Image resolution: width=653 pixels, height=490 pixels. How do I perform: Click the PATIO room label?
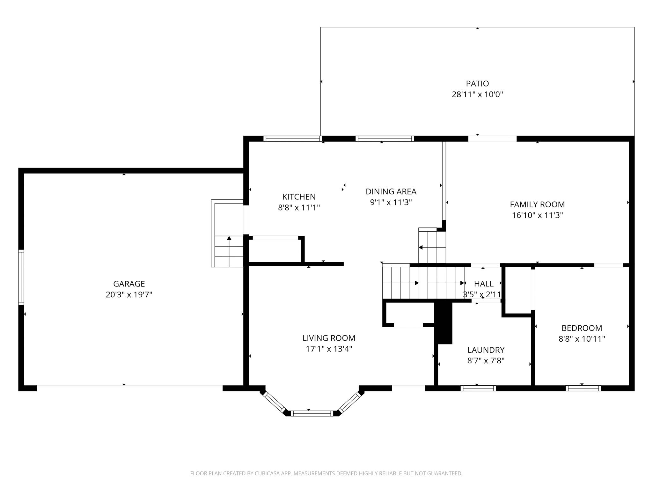[477, 84]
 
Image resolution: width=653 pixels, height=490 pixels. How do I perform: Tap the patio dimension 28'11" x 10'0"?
[477, 94]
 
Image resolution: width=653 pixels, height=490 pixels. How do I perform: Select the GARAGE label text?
[129, 284]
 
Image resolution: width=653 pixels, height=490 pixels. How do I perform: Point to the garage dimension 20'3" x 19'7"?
[129, 294]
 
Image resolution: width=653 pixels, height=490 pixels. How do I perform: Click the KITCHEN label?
[299, 197]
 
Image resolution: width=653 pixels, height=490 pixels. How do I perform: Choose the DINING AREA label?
[391, 191]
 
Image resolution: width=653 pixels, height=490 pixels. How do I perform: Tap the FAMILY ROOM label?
[537, 204]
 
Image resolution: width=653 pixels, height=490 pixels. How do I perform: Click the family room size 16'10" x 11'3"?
[537, 215]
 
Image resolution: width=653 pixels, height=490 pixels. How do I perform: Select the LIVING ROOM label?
[329, 338]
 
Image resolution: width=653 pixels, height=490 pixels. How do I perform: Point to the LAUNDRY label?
[486, 350]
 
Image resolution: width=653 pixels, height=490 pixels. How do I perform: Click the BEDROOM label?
[582, 328]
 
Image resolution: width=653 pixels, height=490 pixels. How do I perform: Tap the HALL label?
[483, 284]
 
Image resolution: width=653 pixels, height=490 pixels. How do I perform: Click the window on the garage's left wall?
[21, 277]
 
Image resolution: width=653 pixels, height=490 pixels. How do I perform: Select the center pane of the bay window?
[312, 413]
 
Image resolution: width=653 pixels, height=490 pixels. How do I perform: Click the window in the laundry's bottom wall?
[478, 388]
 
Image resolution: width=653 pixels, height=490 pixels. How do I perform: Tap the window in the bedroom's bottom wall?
[583, 388]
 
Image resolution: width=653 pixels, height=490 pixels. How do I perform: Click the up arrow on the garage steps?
[229, 238]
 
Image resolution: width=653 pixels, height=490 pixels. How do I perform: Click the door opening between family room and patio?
[492, 139]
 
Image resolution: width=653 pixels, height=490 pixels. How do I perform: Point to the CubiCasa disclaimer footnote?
[326, 473]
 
